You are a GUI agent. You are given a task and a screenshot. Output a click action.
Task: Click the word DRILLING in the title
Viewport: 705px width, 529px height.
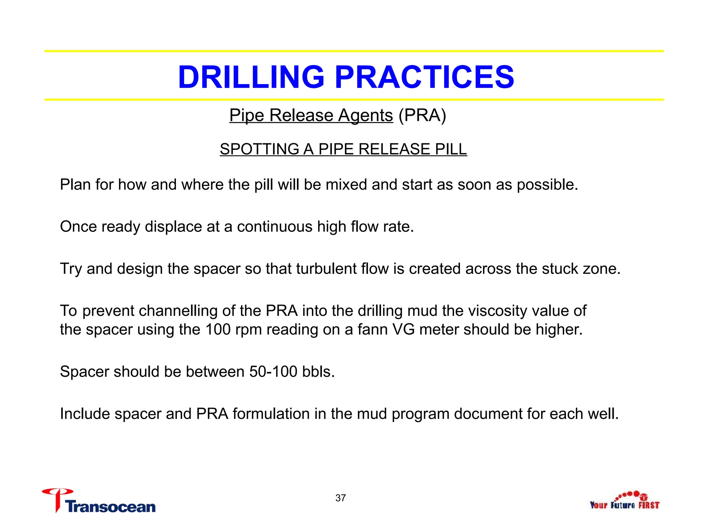coord(251,77)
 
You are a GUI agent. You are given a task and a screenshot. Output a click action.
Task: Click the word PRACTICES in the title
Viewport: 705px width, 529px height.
coord(424,77)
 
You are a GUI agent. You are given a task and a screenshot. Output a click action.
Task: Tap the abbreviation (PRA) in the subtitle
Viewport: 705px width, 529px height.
coord(422,115)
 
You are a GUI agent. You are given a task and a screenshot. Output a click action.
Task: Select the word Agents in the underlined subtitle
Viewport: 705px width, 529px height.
coord(365,115)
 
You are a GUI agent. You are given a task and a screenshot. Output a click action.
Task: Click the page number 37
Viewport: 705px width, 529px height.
coord(340,498)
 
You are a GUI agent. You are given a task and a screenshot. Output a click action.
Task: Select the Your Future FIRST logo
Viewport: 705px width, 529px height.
coord(624,501)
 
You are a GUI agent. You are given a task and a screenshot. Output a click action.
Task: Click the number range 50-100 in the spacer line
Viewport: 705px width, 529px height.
coord(273,372)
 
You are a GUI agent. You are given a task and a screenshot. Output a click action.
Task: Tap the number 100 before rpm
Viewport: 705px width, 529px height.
coord(218,330)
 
